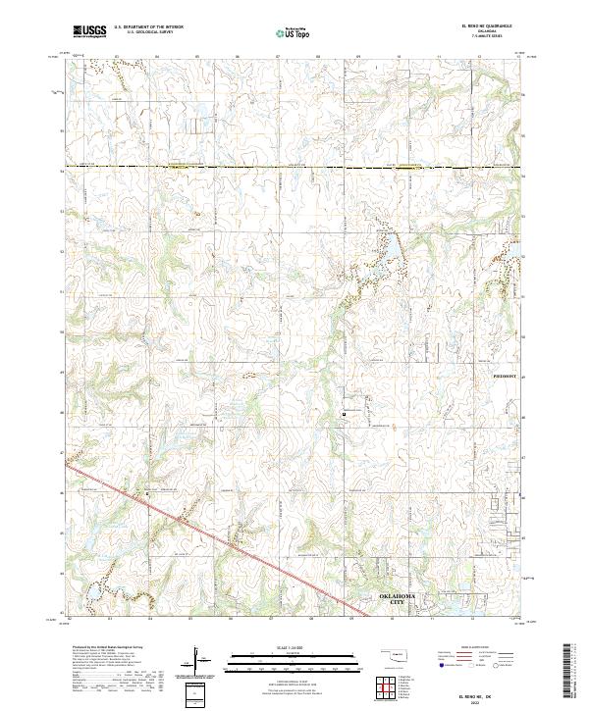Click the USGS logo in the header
click(89, 31)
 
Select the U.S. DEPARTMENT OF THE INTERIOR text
click(148, 26)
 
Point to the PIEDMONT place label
click(504, 374)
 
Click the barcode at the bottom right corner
click(575, 672)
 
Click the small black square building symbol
click(344, 414)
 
